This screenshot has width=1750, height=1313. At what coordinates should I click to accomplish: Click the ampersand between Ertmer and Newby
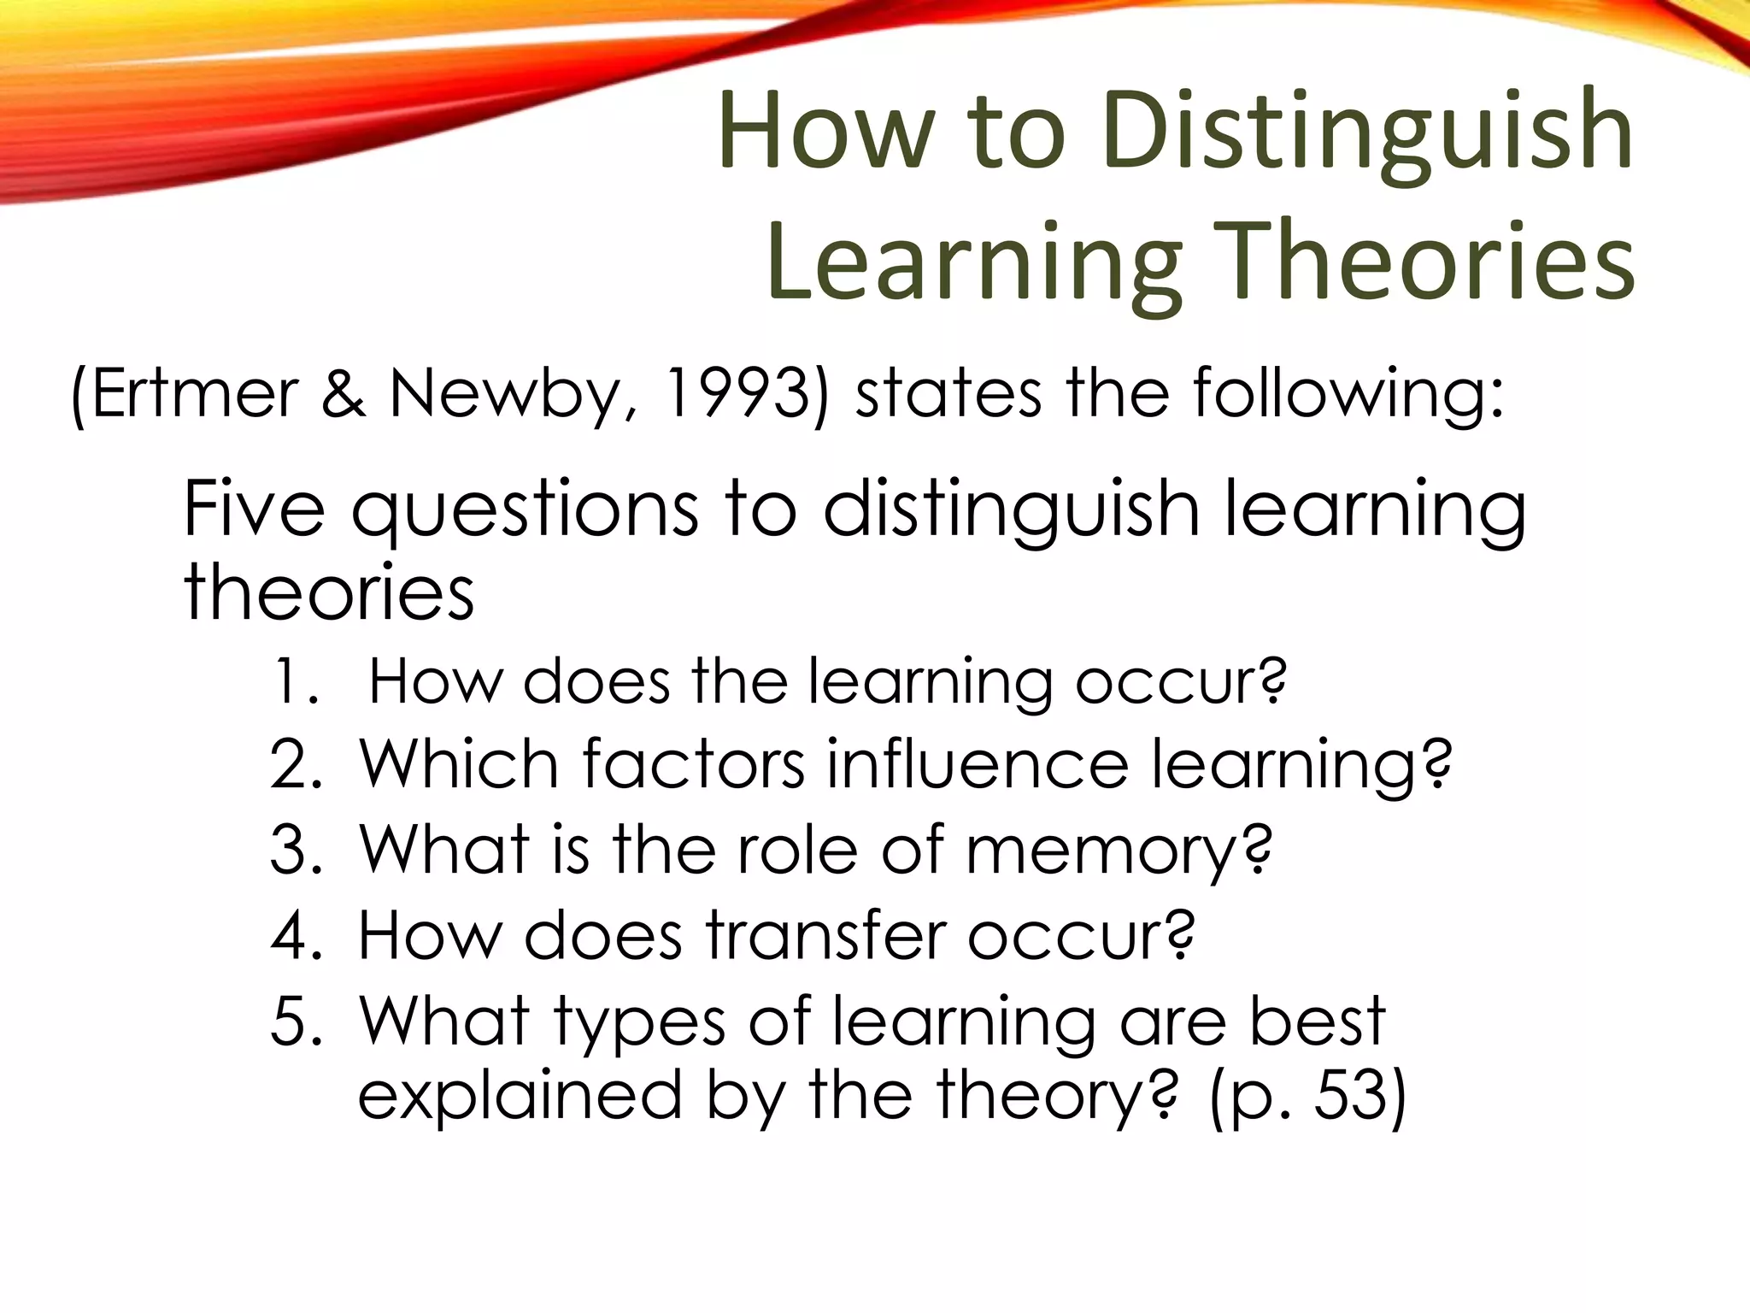(344, 394)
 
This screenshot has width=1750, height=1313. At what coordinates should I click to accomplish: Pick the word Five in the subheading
(254, 509)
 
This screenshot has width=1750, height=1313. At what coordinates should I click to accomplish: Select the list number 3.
(296, 851)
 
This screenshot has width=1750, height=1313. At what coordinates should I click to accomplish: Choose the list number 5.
(296, 1021)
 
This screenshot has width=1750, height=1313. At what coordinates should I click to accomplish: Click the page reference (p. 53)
(1307, 1096)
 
